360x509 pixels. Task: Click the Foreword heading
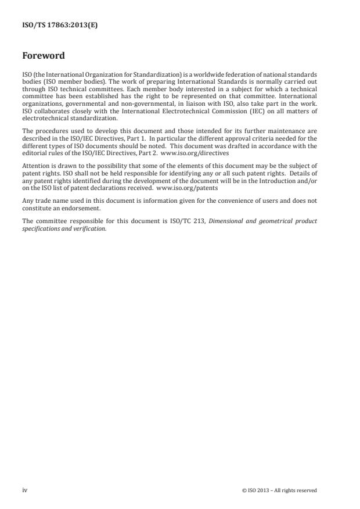click(x=43, y=56)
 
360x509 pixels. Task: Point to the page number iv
click(x=25, y=490)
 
